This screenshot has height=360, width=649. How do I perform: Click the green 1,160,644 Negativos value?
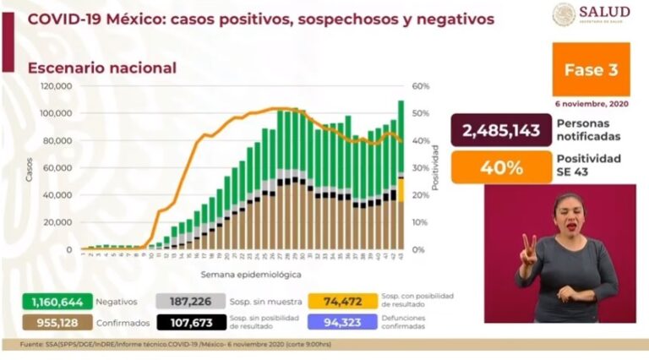coord(50,301)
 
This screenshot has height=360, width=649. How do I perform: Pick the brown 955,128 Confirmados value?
coord(50,322)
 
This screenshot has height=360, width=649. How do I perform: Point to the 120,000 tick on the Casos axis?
coord(57,86)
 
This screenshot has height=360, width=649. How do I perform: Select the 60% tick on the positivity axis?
coord(420,86)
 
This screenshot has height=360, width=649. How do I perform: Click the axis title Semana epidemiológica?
coord(239,275)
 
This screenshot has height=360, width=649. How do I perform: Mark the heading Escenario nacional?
coord(102,68)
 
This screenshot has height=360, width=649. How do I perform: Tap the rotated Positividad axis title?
coord(436,166)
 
